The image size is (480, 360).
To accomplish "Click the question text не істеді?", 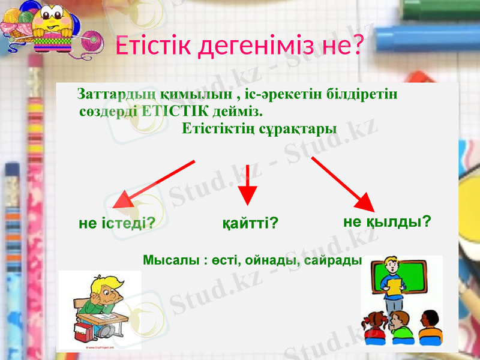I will coord(118,224).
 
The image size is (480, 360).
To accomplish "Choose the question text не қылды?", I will coord(387,221).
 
